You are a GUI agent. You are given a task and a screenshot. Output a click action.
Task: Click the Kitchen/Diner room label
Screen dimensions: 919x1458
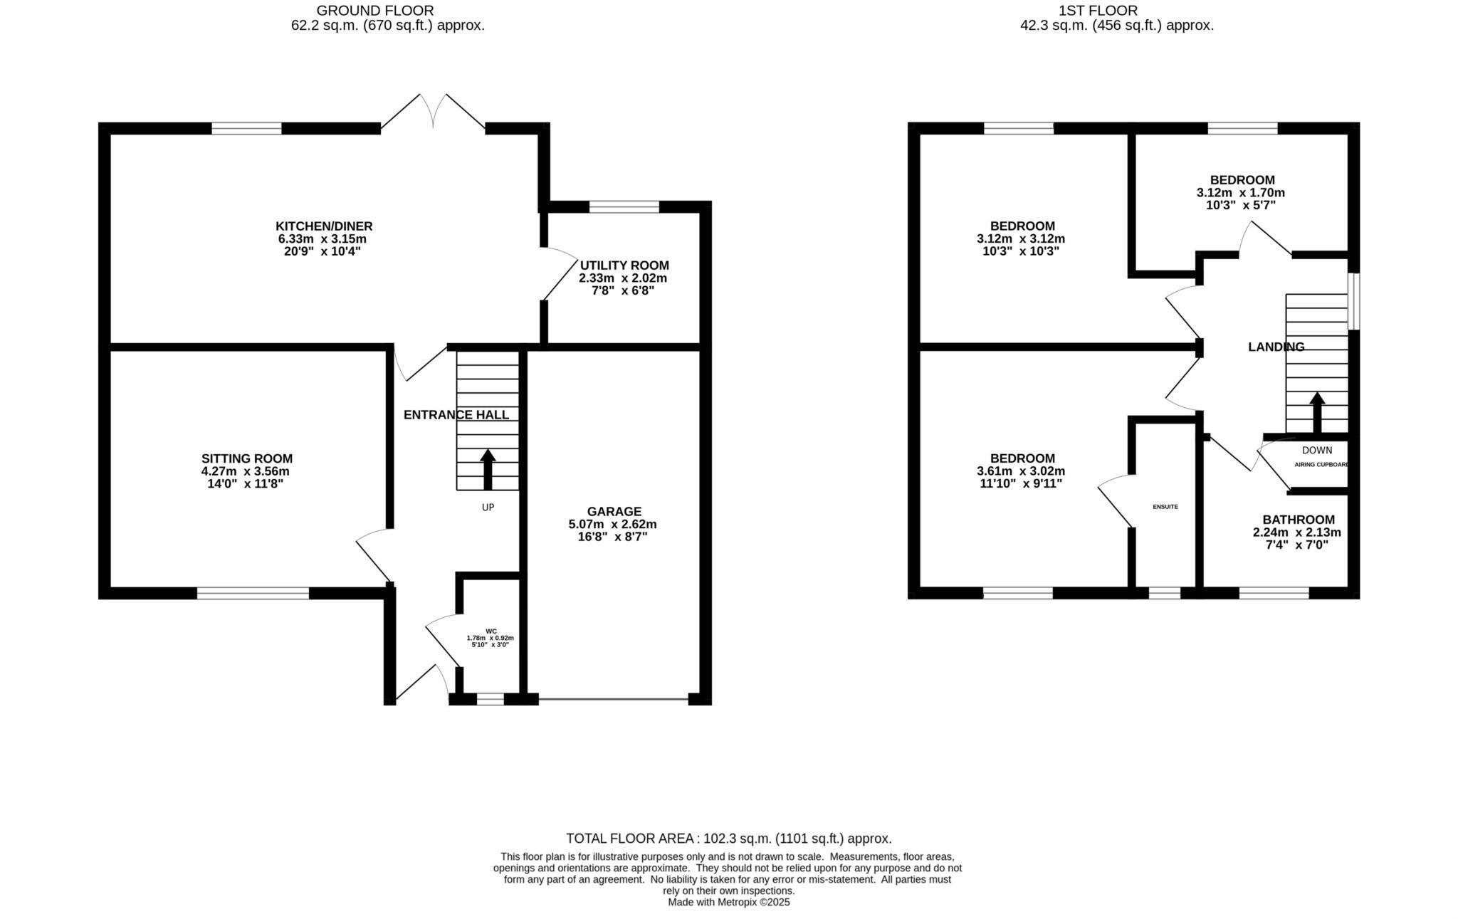(325, 226)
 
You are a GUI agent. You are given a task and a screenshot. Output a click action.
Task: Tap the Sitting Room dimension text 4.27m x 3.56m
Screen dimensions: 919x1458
(246, 471)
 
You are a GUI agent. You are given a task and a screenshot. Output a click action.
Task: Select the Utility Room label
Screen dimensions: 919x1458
(624, 266)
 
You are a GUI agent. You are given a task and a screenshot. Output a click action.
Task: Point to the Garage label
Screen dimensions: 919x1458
(614, 511)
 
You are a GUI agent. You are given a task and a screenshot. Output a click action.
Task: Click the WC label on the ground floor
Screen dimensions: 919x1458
(491, 631)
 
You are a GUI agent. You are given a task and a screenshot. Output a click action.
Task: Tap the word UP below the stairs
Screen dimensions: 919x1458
(488, 508)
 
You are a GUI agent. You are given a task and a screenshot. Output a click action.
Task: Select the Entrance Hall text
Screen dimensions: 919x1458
(456, 415)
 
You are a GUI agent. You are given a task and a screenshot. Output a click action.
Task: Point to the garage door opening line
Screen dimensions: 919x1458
(614, 700)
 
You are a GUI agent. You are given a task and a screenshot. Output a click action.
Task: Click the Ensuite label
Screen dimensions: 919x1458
(1165, 507)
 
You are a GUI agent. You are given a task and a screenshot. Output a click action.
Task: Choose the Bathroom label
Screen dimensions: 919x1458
(1299, 520)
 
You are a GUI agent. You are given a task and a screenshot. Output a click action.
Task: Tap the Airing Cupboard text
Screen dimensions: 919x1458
(1321, 465)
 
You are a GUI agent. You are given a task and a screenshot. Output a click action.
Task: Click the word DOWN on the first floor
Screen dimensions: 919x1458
(1317, 450)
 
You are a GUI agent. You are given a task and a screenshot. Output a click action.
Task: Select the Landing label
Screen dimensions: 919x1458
(1276, 347)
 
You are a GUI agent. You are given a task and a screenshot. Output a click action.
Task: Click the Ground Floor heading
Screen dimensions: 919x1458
(374, 11)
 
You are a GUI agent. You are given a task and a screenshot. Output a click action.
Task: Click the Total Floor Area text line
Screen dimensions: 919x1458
(728, 839)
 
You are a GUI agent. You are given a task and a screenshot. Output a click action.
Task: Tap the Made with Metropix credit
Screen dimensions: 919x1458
(728, 902)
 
